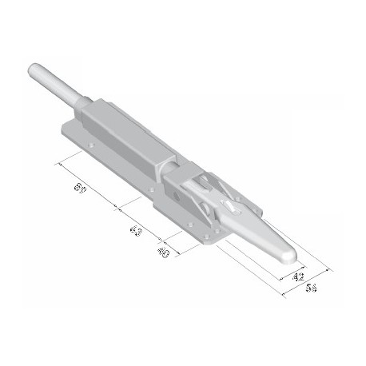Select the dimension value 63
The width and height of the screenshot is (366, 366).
[x=136, y=232]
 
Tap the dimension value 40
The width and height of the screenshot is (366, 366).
[x=164, y=253]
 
